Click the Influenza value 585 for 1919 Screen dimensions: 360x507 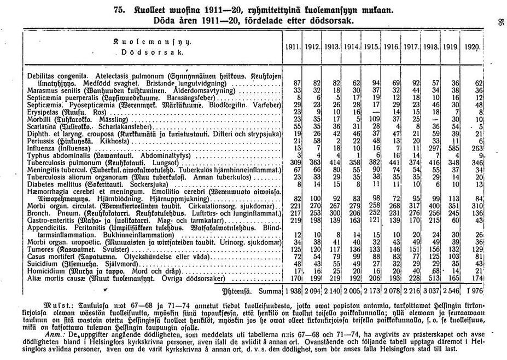(451, 148)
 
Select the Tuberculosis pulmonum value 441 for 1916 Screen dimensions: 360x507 (392, 163)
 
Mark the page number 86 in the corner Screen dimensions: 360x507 (499, 22)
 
